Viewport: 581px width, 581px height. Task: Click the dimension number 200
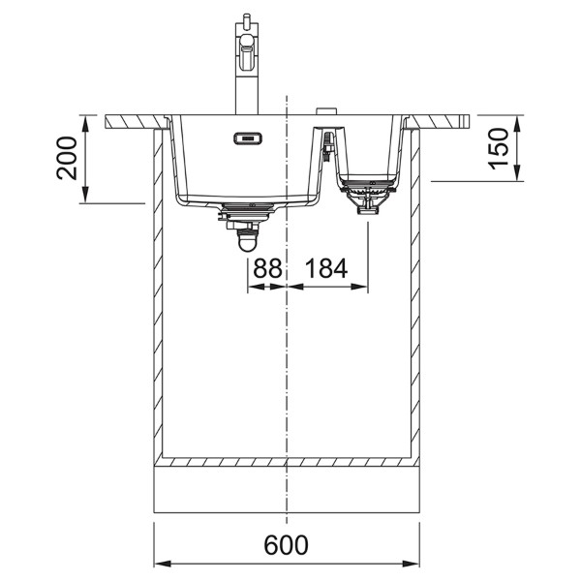(x=66, y=158)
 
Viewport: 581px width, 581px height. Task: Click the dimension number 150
(x=499, y=148)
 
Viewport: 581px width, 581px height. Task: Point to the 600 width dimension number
(x=286, y=544)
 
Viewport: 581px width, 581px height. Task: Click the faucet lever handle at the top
(x=246, y=21)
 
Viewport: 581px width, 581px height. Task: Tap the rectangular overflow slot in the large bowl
(x=248, y=138)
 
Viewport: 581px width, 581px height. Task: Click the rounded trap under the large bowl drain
(x=248, y=241)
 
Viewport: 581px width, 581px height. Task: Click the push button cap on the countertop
(x=326, y=111)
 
